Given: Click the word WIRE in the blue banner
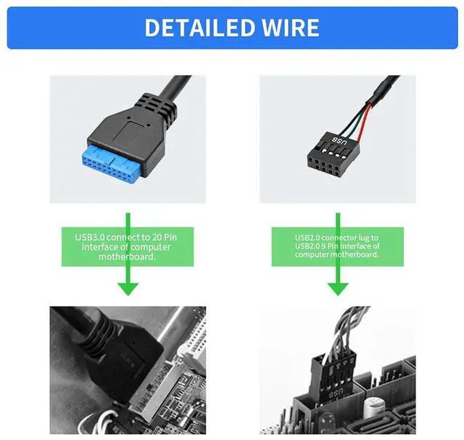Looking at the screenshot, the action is coord(291,28).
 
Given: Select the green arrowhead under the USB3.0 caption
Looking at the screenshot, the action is coord(128,289).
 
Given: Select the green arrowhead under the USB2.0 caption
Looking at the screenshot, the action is coord(338,289).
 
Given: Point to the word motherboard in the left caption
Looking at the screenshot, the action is coord(128,257).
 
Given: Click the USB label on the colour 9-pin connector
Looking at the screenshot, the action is coord(339,141).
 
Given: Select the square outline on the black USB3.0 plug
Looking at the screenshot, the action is coord(130,132).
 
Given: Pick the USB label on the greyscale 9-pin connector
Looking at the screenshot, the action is coord(336,394).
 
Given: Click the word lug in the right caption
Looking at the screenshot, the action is coord(363,238).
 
